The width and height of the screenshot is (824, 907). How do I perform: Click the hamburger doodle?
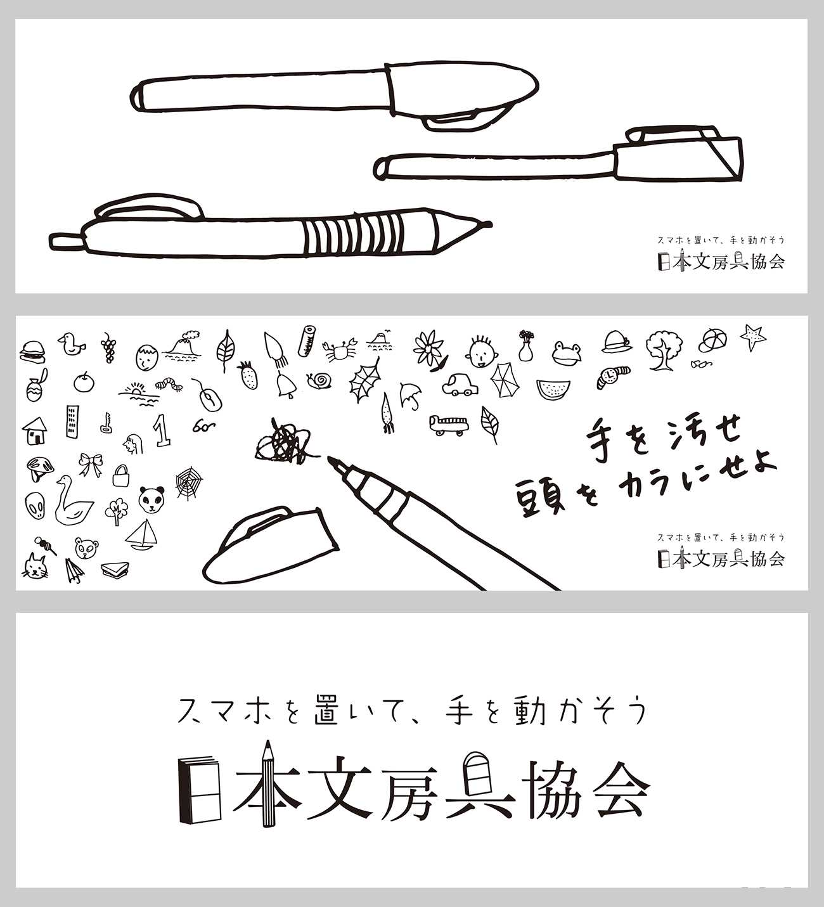click(32, 351)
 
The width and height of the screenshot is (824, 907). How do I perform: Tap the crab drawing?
click(338, 349)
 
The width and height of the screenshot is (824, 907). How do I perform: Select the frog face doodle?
click(567, 353)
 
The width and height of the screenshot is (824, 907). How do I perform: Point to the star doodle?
click(753, 337)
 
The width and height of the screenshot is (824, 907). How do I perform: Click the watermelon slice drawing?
click(553, 389)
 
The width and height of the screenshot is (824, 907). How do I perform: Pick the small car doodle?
click(460, 385)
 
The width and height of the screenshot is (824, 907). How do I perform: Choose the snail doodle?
click(319, 380)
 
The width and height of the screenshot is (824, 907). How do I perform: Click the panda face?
click(151, 499)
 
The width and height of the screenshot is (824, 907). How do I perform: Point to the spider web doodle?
click(189, 484)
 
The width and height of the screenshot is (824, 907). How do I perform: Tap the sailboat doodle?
click(142, 534)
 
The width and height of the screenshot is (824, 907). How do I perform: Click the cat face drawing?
click(35, 565)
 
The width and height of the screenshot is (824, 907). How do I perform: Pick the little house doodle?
click(35, 430)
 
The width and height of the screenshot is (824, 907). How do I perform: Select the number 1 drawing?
click(162, 430)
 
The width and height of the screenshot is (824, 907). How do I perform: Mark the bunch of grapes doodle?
click(108, 347)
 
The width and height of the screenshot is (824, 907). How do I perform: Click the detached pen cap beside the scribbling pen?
click(270, 545)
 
